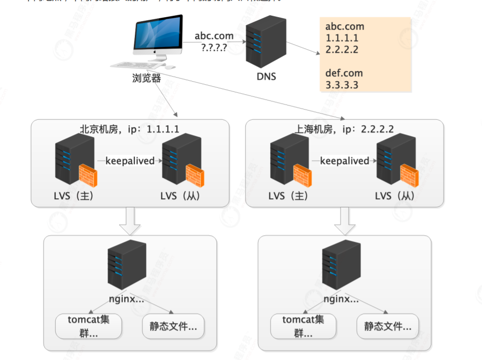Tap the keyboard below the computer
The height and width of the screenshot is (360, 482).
[131, 65]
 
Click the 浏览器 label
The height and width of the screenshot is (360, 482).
[146, 78]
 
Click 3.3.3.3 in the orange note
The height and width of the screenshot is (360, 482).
[342, 85]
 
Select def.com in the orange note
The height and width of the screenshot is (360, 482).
[344, 73]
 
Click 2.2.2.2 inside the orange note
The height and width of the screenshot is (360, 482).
[342, 50]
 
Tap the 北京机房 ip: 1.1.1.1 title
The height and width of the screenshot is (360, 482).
[130, 129]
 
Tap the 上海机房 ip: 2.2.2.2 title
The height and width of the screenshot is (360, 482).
[344, 129]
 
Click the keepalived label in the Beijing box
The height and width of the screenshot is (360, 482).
[130, 161]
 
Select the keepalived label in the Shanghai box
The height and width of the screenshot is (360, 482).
[345, 161]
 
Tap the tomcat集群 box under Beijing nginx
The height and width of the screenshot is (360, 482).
[89, 326]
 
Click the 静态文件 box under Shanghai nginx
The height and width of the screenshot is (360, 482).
[388, 326]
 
